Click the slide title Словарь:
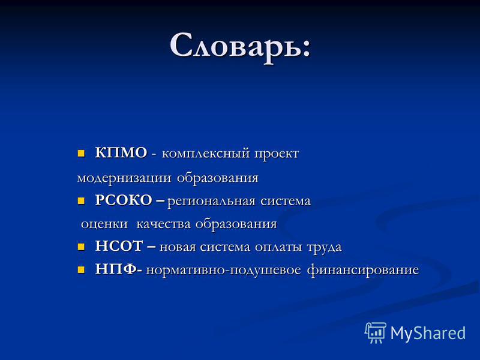pos(241,47)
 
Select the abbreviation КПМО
pos(121,153)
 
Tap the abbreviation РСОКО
pos(124,200)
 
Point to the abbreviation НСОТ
pos(119,247)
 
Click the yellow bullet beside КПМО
pos(81,153)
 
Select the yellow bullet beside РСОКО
pos(81,201)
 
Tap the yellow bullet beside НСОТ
pos(81,247)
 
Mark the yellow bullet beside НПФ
pos(81,270)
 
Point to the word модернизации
pos(124,178)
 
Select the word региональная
pos(211,202)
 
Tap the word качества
pos(163,224)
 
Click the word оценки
pos(104,224)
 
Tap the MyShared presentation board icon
pos(376,332)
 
